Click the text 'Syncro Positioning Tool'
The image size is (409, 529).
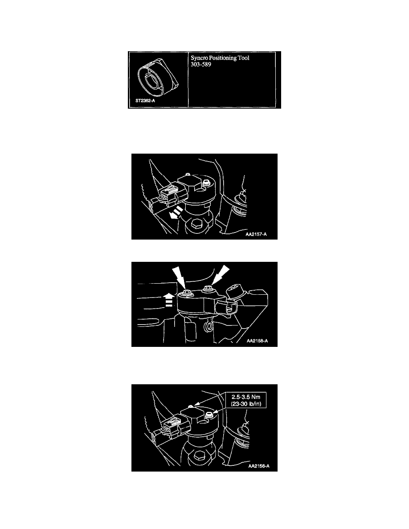click(220, 58)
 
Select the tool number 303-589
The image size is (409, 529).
click(201, 65)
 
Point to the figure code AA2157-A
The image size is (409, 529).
click(256, 234)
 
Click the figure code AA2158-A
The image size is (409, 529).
click(257, 341)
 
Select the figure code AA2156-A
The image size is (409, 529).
click(259, 466)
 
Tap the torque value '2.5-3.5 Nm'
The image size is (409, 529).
click(246, 397)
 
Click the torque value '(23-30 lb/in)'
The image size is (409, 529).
click(246, 403)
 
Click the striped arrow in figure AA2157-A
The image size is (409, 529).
click(176, 213)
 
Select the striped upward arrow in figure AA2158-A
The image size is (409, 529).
click(169, 300)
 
